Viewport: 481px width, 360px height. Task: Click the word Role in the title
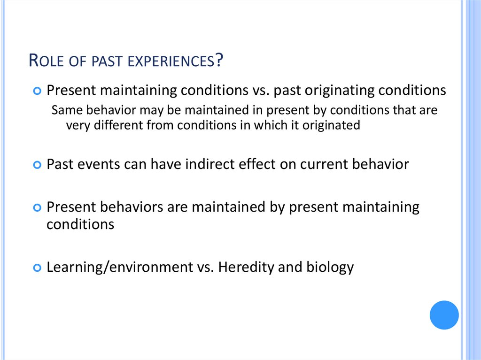pos(46,61)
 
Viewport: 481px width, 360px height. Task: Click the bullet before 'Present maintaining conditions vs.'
pos(38,90)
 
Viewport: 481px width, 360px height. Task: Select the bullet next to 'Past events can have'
pos(38,165)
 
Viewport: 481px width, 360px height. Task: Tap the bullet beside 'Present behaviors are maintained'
pos(38,207)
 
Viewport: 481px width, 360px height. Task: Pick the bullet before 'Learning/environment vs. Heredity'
pos(38,268)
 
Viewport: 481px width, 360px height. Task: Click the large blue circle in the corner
pos(444,315)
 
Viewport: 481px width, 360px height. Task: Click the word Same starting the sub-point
pos(66,110)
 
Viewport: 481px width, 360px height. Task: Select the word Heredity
pos(246,268)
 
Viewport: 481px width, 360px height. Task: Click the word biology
pos(330,268)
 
